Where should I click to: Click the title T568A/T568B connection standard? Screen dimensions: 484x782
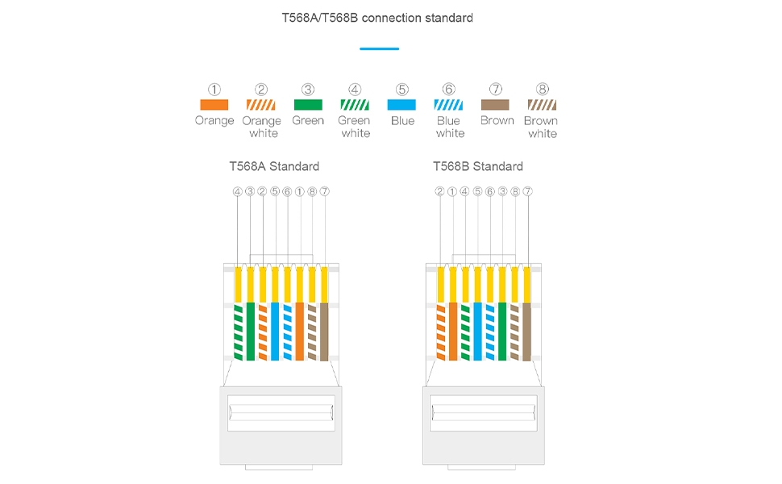pyautogui.click(x=376, y=17)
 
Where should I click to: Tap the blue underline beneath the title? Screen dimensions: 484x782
pyautogui.click(x=379, y=49)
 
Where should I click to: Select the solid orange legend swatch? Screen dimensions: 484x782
pyautogui.click(x=214, y=105)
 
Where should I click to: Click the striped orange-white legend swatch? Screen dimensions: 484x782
pyautogui.click(x=261, y=105)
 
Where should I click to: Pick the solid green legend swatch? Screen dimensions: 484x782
pyautogui.click(x=308, y=105)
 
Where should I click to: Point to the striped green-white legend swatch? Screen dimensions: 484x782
pyautogui.click(x=355, y=105)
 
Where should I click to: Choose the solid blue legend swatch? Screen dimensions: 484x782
pyautogui.click(x=401, y=105)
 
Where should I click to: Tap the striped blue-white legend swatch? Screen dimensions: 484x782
pyautogui.click(x=448, y=105)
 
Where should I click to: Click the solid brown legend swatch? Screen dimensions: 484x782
pyautogui.click(x=496, y=105)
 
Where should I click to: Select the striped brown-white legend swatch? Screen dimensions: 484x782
pyautogui.click(x=542, y=105)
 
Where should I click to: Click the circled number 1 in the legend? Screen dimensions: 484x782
pyautogui.click(x=214, y=89)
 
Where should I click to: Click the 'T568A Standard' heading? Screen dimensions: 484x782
pyautogui.click(x=274, y=166)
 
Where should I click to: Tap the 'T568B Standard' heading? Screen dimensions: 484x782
pyautogui.click(x=478, y=166)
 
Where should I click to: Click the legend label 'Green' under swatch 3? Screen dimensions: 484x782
pyautogui.click(x=308, y=121)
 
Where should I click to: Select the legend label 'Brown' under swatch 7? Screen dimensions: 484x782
pyautogui.click(x=497, y=121)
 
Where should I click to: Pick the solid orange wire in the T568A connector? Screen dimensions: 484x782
pyautogui.click(x=300, y=331)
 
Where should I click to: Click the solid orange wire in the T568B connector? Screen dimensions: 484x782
pyautogui.click(x=453, y=331)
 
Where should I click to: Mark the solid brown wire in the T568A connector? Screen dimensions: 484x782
pyautogui.click(x=324, y=331)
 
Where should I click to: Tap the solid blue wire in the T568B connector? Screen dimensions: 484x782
pyautogui.click(x=478, y=331)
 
